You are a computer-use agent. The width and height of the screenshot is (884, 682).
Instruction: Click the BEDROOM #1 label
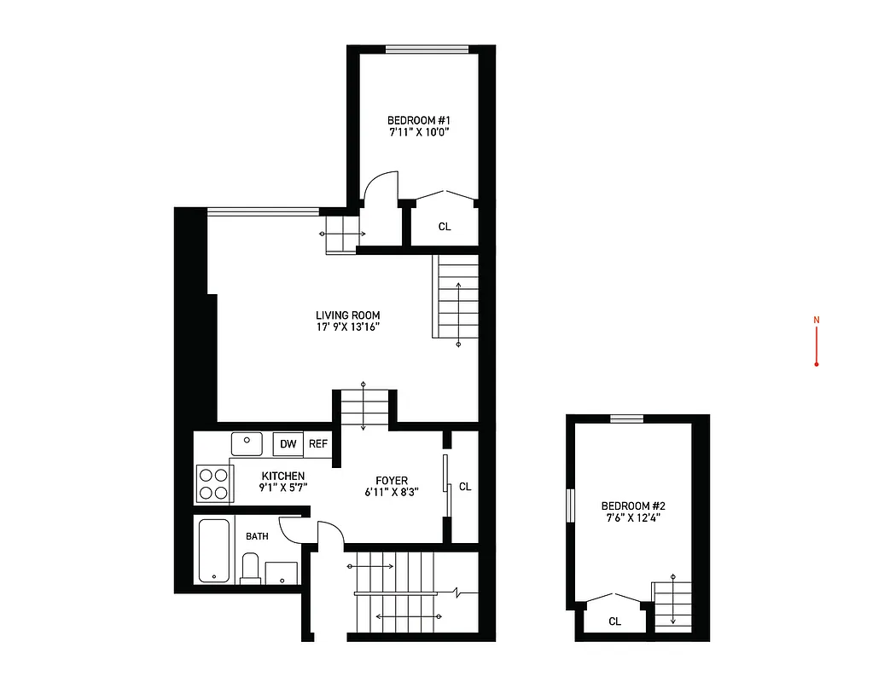418,120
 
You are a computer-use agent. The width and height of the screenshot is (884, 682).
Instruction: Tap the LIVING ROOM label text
347,315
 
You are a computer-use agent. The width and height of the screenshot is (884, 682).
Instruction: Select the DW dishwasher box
288,444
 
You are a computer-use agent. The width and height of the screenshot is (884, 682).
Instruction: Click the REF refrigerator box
317,444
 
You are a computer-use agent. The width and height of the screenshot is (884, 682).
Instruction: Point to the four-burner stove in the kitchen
213,483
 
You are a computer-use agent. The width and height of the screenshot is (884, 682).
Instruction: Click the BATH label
257,536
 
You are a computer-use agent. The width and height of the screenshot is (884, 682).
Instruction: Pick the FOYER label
392,481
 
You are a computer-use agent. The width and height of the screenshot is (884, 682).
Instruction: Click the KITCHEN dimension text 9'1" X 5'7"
283,488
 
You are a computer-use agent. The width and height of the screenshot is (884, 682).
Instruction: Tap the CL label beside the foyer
465,487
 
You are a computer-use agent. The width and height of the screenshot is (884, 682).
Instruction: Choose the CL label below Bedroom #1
445,227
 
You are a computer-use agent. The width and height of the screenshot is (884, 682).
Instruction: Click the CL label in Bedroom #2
614,621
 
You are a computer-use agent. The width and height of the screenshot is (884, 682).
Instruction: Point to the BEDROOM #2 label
632,505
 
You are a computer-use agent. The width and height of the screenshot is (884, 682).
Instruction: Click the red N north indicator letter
817,321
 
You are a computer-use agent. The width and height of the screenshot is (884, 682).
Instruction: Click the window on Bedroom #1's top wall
427,49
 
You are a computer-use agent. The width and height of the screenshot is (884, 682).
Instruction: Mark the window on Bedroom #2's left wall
571,506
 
